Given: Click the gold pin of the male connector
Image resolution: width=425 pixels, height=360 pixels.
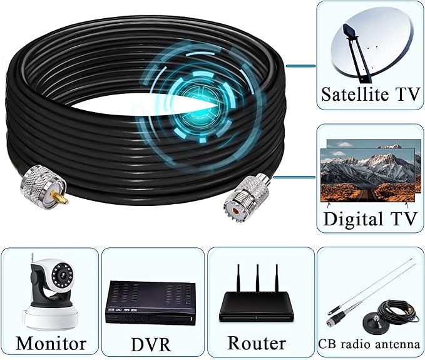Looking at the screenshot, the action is (61, 198).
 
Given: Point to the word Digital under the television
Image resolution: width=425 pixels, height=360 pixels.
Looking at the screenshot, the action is (353, 219).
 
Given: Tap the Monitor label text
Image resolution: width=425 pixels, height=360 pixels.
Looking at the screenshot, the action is (51, 343).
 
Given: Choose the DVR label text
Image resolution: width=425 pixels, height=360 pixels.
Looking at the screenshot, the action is (151, 344).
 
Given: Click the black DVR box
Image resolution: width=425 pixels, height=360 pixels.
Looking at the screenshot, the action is (150, 302).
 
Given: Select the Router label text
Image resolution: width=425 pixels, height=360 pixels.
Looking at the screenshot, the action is (257, 343).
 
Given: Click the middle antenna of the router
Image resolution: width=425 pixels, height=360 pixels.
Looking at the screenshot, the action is (257, 279).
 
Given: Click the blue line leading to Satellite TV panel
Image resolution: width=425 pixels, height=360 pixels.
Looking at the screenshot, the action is (301, 66).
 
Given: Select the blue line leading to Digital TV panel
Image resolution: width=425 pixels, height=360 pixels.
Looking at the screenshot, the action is (295, 177).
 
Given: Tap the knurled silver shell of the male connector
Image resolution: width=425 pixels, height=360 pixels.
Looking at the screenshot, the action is (43, 183).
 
